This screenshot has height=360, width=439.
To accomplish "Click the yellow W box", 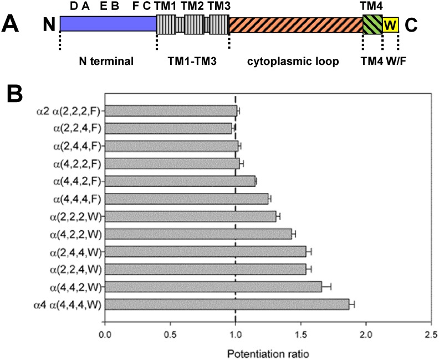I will [x=390, y=25].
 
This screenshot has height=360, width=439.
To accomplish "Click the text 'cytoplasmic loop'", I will [x=292, y=61].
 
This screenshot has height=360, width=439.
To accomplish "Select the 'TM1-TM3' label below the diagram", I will [x=192, y=61].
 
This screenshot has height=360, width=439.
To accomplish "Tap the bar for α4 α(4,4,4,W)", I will [x=226, y=304].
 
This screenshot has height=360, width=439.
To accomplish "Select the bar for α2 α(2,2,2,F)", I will [x=170, y=111].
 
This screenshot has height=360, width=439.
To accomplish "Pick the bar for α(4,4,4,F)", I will [x=186, y=199].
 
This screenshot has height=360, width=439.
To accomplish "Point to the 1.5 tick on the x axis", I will [x=300, y=322].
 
